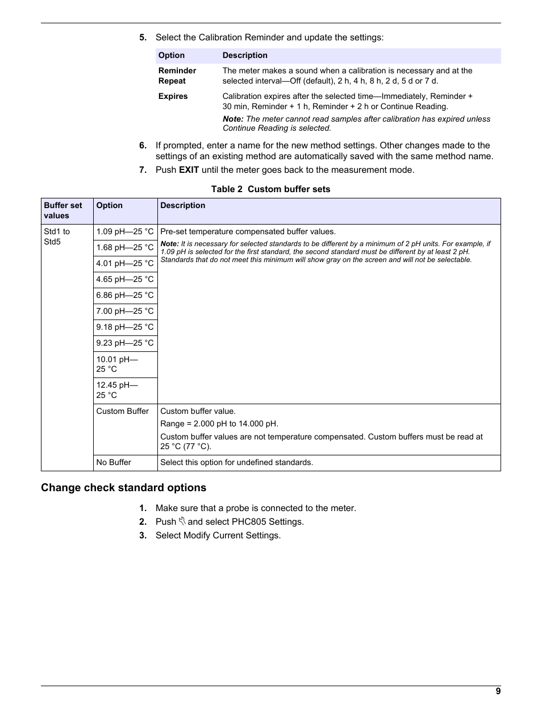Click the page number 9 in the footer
point(498,691)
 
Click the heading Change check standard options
point(123,488)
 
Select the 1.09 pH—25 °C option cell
point(125,232)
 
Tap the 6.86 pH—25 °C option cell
point(125,296)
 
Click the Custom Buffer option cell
point(123,412)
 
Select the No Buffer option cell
point(114,463)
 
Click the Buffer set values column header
point(63,211)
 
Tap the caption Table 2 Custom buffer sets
point(270,189)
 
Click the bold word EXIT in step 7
point(189,170)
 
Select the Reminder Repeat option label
point(177,76)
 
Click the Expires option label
point(173,97)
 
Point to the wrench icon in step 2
point(182,521)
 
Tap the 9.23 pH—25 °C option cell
point(125,343)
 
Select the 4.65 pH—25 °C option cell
point(125,280)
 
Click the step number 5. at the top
point(143,38)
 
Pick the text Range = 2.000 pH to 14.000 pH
point(219,424)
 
